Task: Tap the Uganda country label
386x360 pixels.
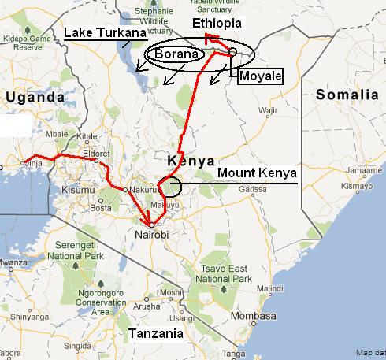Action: click(x=34, y=97)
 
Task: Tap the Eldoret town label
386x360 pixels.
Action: click(x=105, y=154)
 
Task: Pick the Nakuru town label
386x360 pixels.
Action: click(x=141, y=190)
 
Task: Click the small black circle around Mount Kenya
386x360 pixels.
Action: click(x=169, y=187)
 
